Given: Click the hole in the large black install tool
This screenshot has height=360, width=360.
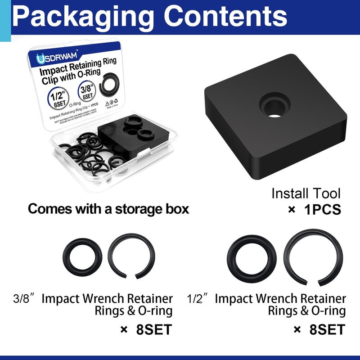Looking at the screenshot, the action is pos(272,108).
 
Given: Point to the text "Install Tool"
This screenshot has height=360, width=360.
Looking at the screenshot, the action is pos(306,193).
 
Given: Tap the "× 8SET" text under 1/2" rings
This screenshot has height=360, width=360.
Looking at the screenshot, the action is pos(320,329).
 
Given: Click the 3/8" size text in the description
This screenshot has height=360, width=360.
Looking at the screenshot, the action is pos(22,299).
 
